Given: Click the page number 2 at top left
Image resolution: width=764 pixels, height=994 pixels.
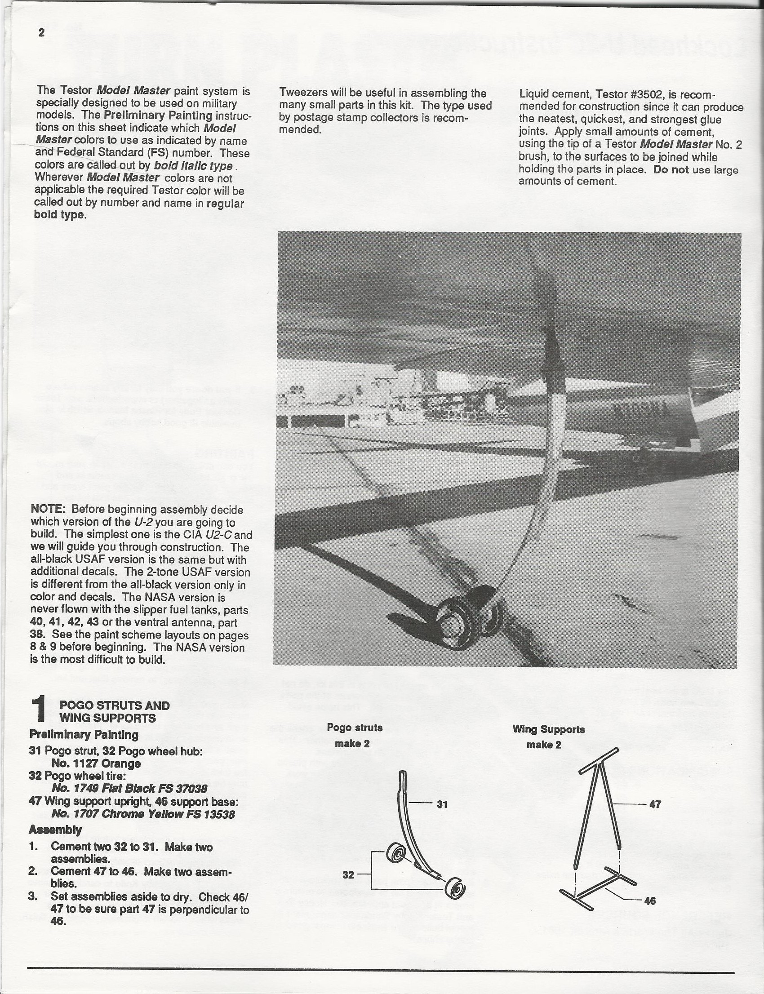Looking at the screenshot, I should pos(41,33).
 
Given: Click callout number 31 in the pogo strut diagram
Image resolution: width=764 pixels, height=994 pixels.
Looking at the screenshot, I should pos(442,804).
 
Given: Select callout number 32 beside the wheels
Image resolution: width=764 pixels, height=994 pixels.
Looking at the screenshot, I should pos(348,874).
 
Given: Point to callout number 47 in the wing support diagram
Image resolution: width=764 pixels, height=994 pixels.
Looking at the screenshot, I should pos(654,804).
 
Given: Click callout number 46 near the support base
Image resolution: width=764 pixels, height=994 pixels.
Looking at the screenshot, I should pos(650,901).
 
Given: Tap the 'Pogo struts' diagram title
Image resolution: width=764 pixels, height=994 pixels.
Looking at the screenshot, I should pos(355,728).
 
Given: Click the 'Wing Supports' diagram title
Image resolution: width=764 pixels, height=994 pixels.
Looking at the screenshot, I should pos(548,729).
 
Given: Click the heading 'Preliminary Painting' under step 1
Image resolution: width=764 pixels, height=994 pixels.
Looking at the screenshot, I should pos(84,734).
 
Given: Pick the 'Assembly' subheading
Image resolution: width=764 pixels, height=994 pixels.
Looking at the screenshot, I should pos(55,830).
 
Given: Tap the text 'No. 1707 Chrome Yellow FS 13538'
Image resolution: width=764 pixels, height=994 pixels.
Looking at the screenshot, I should pos(143,814).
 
